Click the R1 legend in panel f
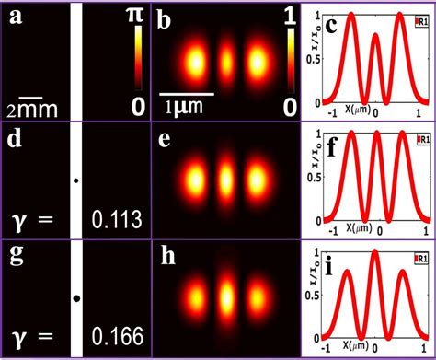point(421,140)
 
